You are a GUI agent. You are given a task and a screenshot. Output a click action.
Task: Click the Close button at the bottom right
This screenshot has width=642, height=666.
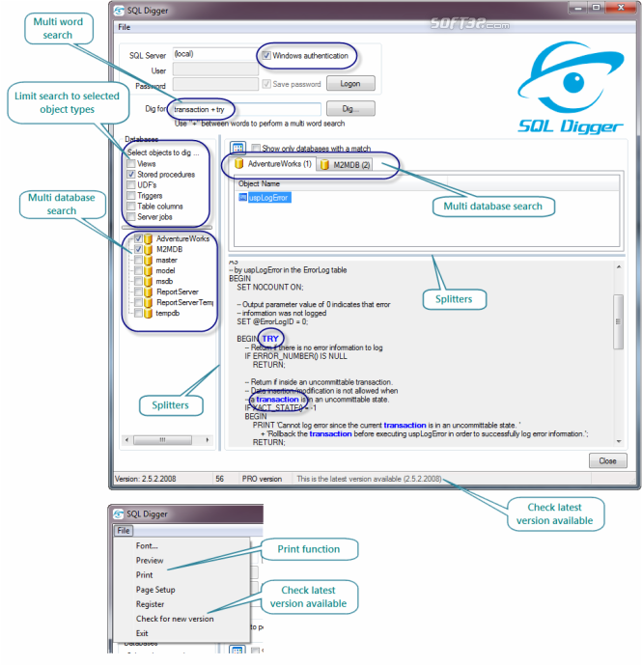click(x=607, y=460)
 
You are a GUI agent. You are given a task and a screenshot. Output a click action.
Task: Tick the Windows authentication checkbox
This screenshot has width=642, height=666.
click(x=265, y=55)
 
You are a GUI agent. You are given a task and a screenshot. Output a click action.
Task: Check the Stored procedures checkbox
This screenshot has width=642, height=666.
click(x=130, y=175)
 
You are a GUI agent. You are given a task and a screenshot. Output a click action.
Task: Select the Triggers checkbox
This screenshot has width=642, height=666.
click(x=130, y=196)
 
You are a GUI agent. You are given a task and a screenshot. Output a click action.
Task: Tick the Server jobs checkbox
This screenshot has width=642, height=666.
click(x=130, y=217)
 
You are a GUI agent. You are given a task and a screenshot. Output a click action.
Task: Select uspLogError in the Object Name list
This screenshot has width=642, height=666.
click(x=269, y=198)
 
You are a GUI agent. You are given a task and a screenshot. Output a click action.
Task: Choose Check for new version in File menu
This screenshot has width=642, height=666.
click(x=175, y=619)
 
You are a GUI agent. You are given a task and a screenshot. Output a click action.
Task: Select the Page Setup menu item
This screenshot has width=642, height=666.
click(x=155, y=590)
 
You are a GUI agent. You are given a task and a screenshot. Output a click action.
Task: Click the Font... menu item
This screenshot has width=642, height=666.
click(x=148, y=546)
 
